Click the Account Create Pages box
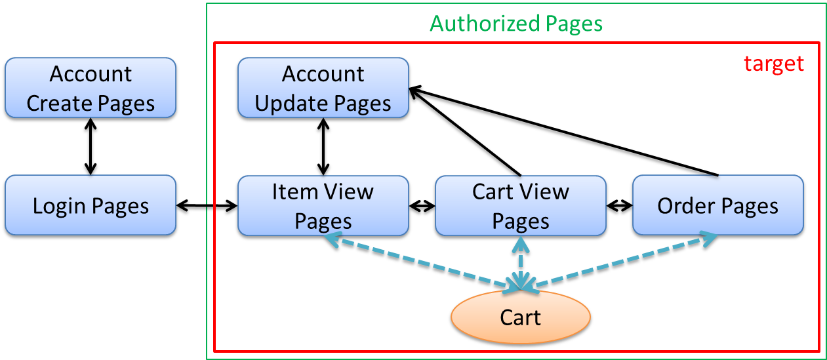(x=91, y=89)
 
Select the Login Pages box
(x=91, y=206)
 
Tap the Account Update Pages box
(x=323, y=89)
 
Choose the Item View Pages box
(x=323, y=206)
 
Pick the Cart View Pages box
(x=520, y=206)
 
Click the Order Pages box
(x=717, y=206)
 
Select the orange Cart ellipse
(x=520, y=318)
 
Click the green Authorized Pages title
(x=516, y=24)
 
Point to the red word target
(x=773, y=63)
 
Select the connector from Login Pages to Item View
(x=207, y=207)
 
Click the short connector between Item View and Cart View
(x=421, y=207)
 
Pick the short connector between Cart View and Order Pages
(x=618, y=207)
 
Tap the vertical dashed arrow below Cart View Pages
(x=521, y=262)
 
